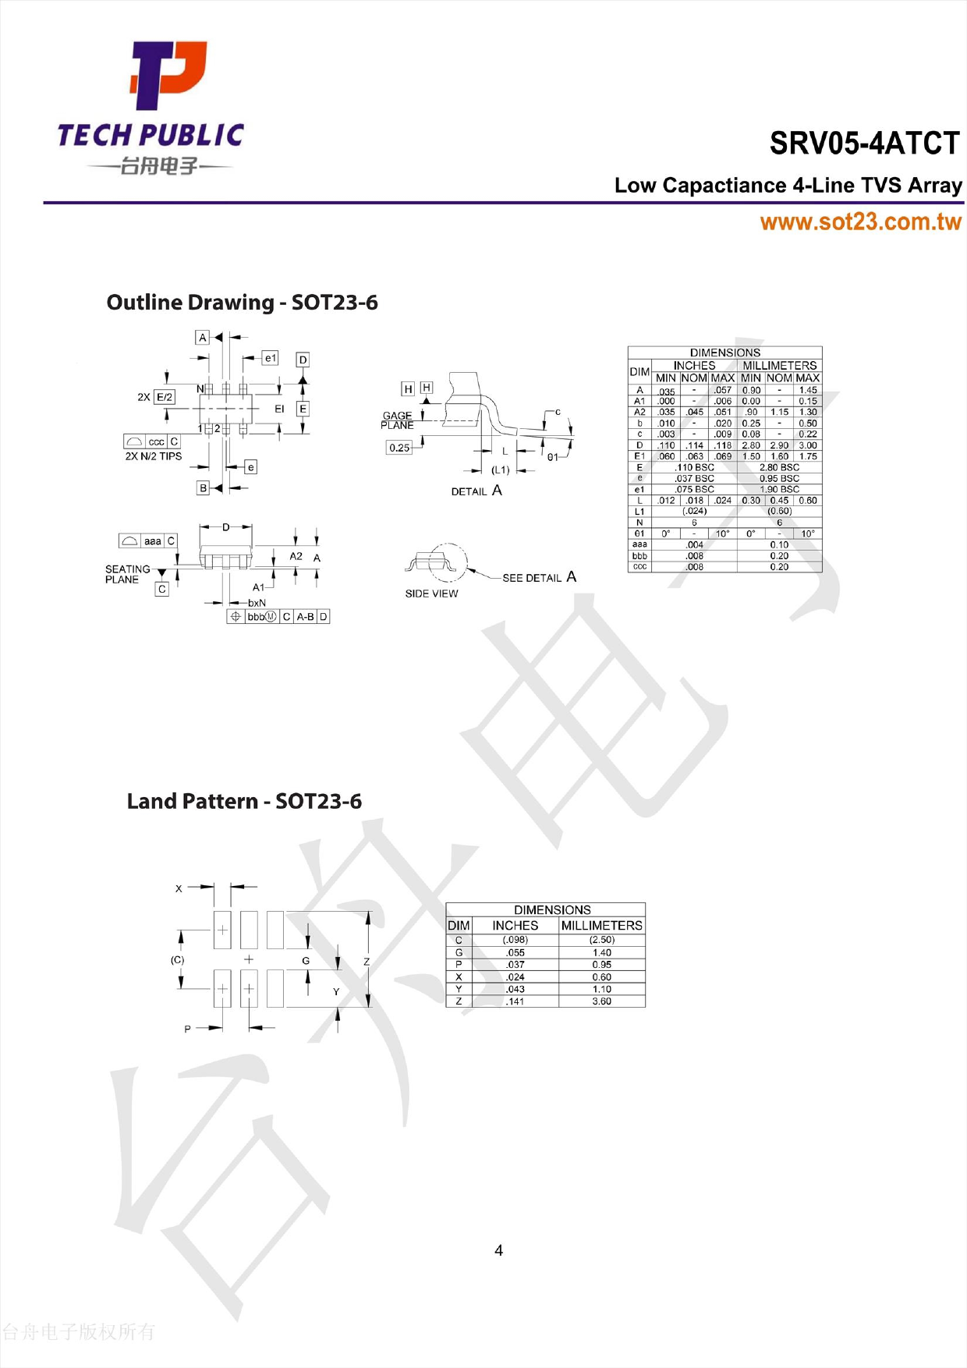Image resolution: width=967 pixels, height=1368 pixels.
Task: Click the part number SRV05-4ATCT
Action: point(864,144)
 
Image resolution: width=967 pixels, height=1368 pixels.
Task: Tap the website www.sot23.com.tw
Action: point(860,222)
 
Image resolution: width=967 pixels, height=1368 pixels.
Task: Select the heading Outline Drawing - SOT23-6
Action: point(242,303)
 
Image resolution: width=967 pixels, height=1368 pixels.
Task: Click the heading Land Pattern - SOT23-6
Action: point(244,801)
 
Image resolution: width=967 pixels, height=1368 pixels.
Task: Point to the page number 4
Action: point(498,1250)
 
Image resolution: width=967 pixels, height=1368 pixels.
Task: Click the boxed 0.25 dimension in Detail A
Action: point(399,448)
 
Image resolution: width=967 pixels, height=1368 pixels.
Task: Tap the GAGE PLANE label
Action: point(397,420)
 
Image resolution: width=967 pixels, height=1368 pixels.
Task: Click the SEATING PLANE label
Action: point(126,574)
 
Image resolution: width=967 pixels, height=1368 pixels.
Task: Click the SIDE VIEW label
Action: point(431,594)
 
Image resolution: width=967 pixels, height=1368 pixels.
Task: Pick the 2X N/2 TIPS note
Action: point(153,456)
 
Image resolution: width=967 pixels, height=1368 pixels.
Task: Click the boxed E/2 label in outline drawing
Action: point(165,397)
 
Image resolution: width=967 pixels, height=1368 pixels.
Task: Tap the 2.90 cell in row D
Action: point(779,445)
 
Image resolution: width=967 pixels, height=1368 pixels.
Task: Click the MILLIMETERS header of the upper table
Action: point(779,365)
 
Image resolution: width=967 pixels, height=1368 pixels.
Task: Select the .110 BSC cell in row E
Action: point(694,467)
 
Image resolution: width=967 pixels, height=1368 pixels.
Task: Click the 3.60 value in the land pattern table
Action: point(601,1001)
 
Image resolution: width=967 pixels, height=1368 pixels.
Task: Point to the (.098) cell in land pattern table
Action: point(515,940)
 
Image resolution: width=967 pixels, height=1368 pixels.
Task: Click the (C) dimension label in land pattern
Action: point(178,960)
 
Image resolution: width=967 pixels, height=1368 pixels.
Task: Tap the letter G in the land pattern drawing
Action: point(306,961)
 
